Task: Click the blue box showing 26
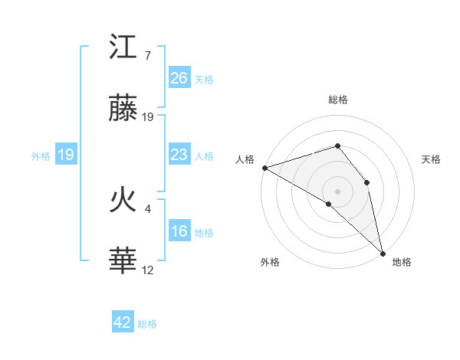pyautogui.click(x=179, y=78)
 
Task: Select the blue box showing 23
pyautogui.click(x=179, y=155)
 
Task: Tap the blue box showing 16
pyautogui.click(x=179, y=231)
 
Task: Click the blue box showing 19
pyautogui.click(x=66, y=155)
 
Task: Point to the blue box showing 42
pyautogui.click(x=123, y=322)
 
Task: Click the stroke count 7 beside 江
pyautogui.click(x=147, y=56)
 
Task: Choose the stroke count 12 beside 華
pyautogui.click(x=148, y=270)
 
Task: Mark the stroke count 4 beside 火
pyautogui.click(x=147, y=208)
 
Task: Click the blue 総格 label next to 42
pyautogui.click(x=147, y=324)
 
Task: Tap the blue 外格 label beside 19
pyautogui.click(x=41, y=156)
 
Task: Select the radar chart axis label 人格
pyautogui.click(x=245, y=159)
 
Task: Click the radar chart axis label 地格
pyautogui.click(x=402, y=262)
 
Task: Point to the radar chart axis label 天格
pyautogui.click(x=431, y=159)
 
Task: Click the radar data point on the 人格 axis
pyautogui.click(x=264, y=168)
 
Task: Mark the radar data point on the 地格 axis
pyautogui.click(x=383, y=252)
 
